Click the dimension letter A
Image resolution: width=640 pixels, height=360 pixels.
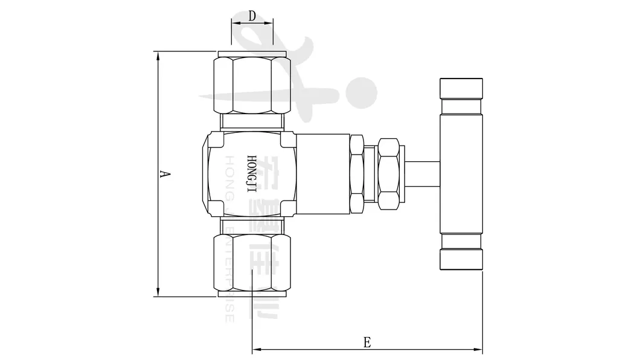(x=164, y=175)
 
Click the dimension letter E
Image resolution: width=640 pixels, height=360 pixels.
(x=366, y=341)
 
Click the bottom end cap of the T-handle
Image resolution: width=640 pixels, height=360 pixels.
(x=461, y=259)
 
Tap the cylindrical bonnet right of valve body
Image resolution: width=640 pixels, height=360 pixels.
(x=324, y=174)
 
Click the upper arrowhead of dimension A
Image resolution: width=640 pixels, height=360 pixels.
(x=158, y=55)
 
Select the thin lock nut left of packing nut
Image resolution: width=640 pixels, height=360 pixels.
(x=357, y=174)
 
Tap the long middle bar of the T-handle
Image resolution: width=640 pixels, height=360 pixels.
(x=461, y=174)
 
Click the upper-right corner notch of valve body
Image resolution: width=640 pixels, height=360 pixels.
(x=289, y=140)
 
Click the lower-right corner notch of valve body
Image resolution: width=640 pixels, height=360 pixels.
(x=289, y=209)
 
